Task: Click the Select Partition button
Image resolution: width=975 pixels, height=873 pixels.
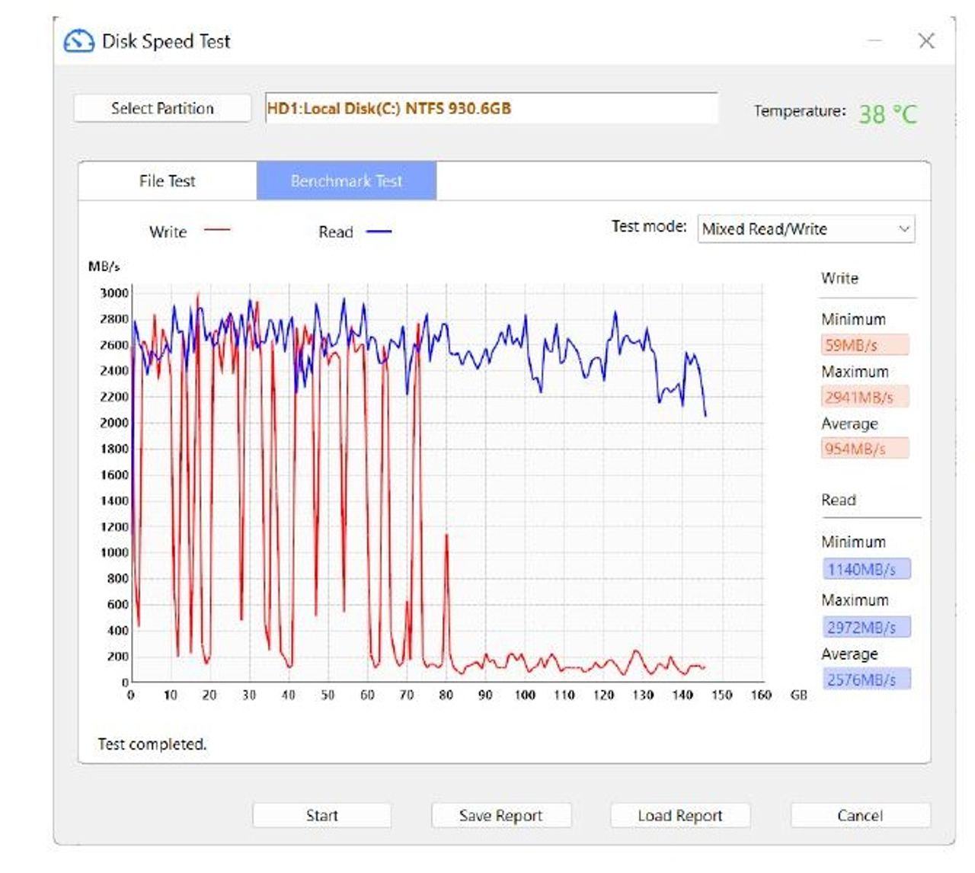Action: coord(162,108)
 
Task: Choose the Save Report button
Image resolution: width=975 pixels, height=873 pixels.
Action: coord(501,815)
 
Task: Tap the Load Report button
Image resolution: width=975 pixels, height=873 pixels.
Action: coord(680,815)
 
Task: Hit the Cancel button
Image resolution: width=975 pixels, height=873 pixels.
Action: coord(860,815)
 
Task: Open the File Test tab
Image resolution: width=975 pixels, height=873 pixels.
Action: coord(167,181)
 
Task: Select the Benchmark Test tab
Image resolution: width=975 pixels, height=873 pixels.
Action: coord(347,181)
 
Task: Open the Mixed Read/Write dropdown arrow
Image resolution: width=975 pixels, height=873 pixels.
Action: coord(903,229)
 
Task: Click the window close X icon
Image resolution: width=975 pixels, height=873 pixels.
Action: coord(926,41)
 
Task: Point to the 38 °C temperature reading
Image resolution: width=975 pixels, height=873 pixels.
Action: coord(888,114)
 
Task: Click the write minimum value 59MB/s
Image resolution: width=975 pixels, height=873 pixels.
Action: coord(865,344)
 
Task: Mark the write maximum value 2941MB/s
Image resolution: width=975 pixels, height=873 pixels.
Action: coord(865,397)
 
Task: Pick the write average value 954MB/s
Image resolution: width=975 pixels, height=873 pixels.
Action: coord(865,449)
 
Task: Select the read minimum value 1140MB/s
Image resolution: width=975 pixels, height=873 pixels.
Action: coord(866,569)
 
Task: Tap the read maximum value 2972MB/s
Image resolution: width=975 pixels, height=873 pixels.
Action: coord(866,627)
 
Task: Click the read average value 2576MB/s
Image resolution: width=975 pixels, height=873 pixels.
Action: coord(866,679)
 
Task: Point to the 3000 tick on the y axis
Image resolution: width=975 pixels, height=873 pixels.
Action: coord(114,293)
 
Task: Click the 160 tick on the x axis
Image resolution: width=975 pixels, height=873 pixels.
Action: coord(761,695)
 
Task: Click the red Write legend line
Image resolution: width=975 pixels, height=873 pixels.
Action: coord(217,230)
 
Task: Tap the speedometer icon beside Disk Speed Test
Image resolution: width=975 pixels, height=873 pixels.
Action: coord(79,41)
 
